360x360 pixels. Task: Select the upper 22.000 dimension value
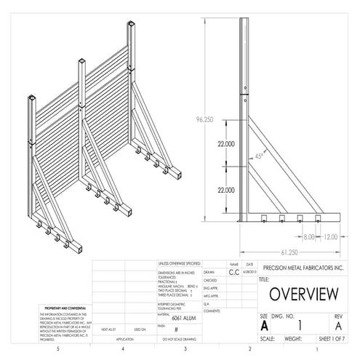tap(225, 144)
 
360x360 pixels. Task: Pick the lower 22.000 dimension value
tap(225, 188)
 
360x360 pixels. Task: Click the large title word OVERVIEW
tap(303, 295)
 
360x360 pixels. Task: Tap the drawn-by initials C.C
tap(233, 271)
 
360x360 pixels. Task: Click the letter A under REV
tap(337, 326)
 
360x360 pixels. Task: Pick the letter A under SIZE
tap(264, 326)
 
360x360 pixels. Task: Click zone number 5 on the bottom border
tap(57, 349)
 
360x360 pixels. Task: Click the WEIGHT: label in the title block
tap(294, 339)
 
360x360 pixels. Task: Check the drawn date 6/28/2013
tap(249, 271)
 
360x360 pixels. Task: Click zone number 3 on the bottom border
tap(185, 349)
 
